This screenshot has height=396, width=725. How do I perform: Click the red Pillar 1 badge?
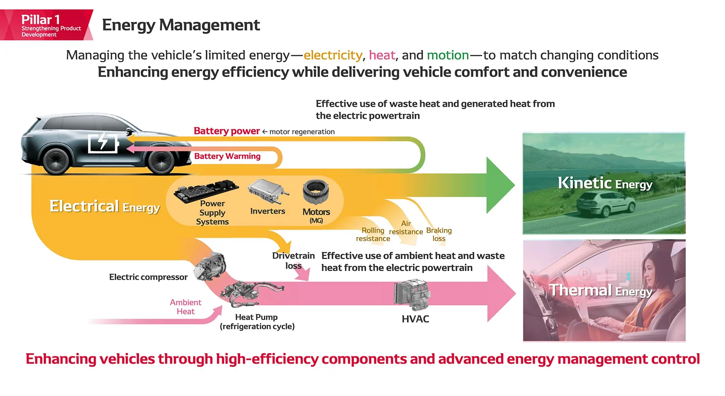pos(46,25)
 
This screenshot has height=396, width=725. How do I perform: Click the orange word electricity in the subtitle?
pos(332,55)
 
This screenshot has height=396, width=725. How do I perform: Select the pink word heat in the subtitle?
pos(382,55)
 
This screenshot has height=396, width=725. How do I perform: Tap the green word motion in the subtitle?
pos(447,55)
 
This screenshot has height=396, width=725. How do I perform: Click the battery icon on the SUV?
pos(103,142)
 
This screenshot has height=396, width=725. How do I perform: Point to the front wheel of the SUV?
pos(161,161)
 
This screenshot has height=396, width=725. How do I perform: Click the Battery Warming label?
pos(227,156)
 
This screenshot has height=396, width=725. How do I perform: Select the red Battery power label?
pos(227,131)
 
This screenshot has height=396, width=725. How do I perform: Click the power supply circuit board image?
pos(207,189)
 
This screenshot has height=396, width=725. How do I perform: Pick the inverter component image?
pos(268,191)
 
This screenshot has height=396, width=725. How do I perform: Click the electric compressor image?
pos(210,266)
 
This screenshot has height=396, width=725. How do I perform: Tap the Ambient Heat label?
pos(186,307)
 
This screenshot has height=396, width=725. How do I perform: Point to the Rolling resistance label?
pos(373,234)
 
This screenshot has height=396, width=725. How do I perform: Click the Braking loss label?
pos(439,234)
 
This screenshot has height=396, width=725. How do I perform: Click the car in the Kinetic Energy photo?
pos(605,205)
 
